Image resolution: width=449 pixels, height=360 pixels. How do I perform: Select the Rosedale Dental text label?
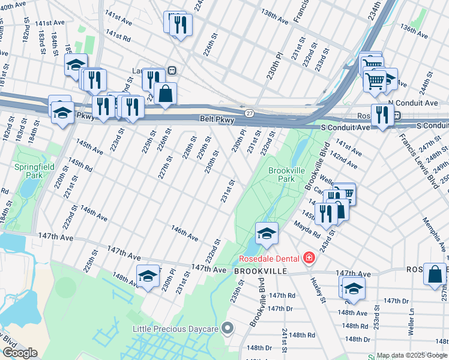click(270, 259)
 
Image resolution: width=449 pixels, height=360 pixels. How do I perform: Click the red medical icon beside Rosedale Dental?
click(309, 258)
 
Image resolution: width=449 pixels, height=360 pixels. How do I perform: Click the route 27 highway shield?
click(249, 113)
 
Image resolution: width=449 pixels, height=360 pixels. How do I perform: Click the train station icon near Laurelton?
click(172, 70)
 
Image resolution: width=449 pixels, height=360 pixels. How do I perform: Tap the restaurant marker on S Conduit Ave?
click(381, 115)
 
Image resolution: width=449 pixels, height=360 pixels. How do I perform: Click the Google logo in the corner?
click(20, 353)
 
